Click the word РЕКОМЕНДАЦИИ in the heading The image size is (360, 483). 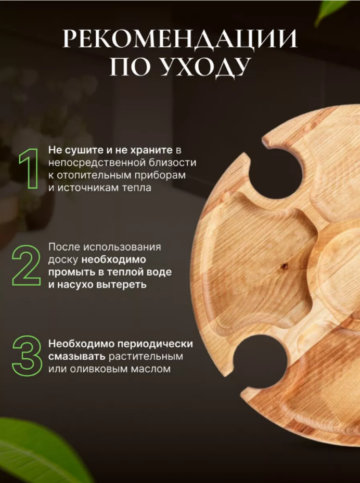click(x=180, y=38)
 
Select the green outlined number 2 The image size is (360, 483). click(x=26, y=266)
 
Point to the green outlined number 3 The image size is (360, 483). click(x=27, y=356)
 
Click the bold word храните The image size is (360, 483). click(x=151, y=150)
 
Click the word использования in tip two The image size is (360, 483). click(x=122, y=247)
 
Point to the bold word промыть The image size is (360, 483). click(x=70, y=272)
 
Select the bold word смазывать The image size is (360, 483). click(x=77, y=356)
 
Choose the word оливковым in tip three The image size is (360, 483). click(x=99, y=369)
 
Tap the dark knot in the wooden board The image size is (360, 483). click(x=285, y=266)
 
